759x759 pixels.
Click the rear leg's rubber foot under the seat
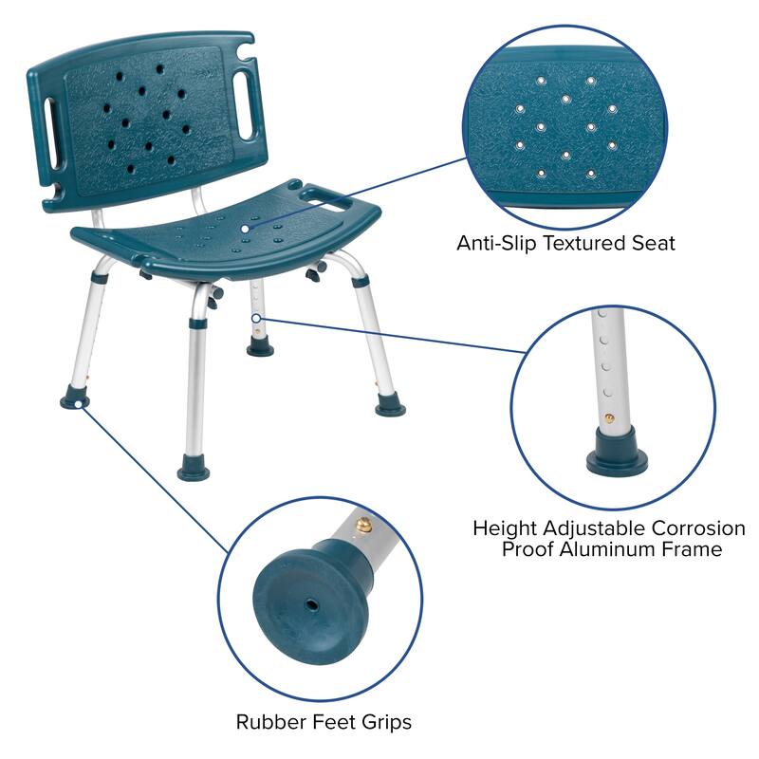[260, 346]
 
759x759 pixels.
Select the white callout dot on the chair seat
[246, 228]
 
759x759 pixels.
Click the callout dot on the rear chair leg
[256, 317]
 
